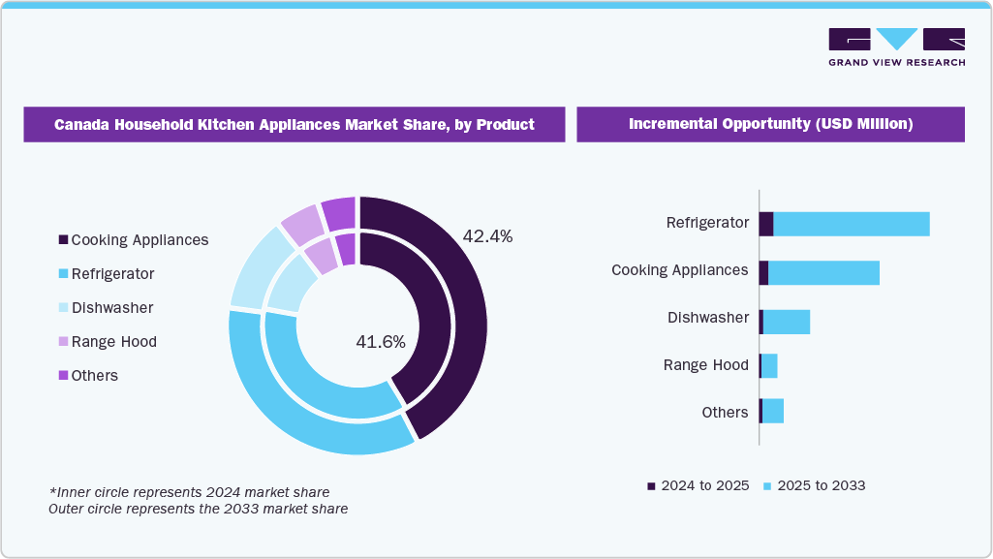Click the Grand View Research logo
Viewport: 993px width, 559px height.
click(x=896, y=47)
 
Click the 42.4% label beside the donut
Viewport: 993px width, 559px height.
click(x=487, y=236)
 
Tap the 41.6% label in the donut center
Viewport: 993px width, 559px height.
click(x=381, y=341)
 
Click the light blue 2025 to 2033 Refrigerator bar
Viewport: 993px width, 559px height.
click(x=851, y=224)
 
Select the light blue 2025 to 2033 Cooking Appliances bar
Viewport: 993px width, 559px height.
click(x=823, y=272)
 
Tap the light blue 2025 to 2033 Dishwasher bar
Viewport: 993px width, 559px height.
click(x=786, y=322)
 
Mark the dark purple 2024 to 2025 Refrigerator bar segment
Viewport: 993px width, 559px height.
click(x=766, y=224)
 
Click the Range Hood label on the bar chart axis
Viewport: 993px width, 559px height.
click(x=705, y=365)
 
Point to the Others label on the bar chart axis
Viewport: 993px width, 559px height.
click(x=725, y=413)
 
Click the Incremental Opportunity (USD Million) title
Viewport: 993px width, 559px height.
click(x=770, y=124)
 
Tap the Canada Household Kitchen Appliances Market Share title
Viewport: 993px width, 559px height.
click(x=294, y=124)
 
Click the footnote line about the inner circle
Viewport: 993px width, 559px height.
click(x=189, y=492)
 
